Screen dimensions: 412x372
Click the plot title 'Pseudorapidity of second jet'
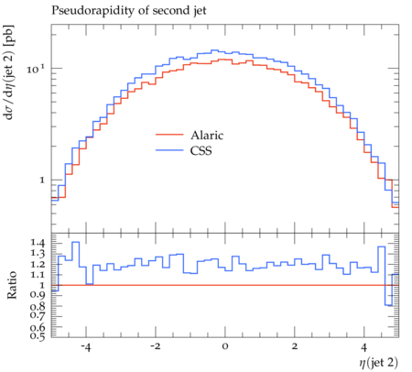(129, 11)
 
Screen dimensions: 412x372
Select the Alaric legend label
(207, 135)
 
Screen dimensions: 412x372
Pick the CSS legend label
(201, 150)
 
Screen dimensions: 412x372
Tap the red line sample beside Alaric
(169, 135)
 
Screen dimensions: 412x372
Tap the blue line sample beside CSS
(169, 150)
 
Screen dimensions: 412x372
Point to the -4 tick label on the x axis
(86, 347)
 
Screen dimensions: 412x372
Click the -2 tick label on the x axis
(156, 347)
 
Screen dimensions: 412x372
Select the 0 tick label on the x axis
(225, 347)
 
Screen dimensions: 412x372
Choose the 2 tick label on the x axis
(295, 347)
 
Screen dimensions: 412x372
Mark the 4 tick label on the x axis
(364, 347)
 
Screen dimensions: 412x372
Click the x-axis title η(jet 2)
(378, 363)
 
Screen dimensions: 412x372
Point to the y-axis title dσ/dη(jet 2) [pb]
(9, 72)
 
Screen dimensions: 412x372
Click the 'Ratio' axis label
(12, 285)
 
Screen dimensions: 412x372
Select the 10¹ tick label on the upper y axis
(36, 69)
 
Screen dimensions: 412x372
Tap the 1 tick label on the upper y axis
(42, 181)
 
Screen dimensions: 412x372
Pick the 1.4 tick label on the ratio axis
(38, 244)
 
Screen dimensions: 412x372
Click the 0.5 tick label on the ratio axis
(38, 336)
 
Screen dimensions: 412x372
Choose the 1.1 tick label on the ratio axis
(38, 275)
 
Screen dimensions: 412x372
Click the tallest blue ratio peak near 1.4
(76, 242)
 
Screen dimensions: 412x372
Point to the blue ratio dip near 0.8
(388, 305)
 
